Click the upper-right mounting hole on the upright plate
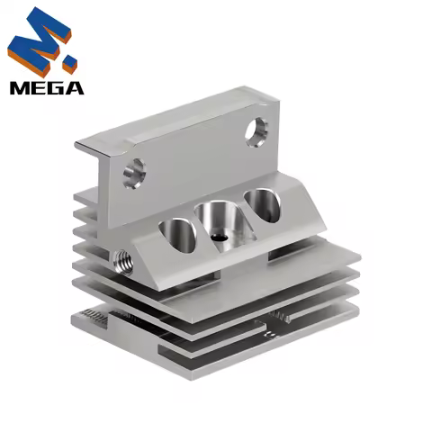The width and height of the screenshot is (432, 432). [257, 131]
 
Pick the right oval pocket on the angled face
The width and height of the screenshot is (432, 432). [263, 203]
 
